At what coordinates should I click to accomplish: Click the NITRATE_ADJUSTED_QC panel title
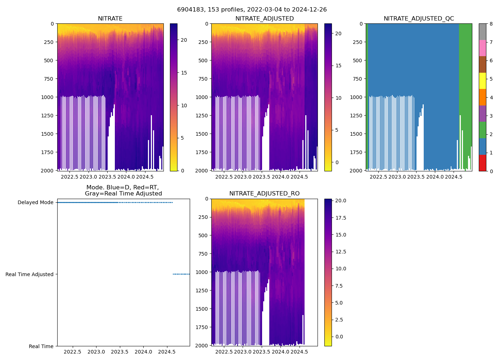(x=419, y=19)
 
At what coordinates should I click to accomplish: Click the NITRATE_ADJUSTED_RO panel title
(x=264, y=194)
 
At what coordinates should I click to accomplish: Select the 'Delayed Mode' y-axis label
(x=35, y=202)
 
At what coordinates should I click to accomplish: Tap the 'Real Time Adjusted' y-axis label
(x=29, y=274)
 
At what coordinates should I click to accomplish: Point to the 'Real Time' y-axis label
(x=41, y=346)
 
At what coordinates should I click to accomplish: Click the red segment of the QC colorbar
(x=482, y=163)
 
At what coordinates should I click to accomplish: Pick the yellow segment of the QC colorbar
(x=482, y=81)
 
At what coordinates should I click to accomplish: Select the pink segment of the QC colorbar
(x=482, y=48)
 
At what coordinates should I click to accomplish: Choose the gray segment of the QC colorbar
(x=482, y=32)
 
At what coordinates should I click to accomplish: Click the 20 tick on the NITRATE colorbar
(x=184, y=40)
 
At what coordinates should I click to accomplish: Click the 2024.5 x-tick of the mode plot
(x=167, y=352)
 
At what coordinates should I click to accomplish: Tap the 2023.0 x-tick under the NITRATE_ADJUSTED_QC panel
(x=397, y=177)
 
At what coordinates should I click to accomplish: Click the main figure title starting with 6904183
(x=252, y=10)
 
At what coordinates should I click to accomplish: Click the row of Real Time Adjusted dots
(x=181, y=274)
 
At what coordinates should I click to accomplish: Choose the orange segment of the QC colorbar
(x=482, y=97)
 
